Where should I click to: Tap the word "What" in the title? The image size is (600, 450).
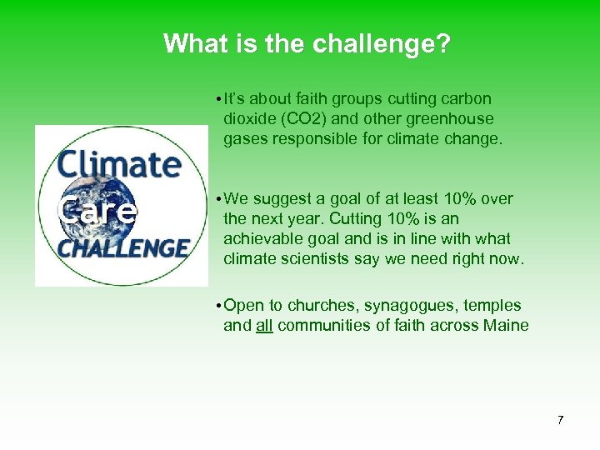pos(192,43)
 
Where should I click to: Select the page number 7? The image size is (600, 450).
pos(560,420)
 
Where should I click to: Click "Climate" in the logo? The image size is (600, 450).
pos(120,162)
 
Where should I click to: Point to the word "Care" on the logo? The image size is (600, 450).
pos(96,211)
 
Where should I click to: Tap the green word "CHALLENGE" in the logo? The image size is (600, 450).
pos(123,248)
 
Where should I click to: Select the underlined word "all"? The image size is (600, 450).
pos(264,326)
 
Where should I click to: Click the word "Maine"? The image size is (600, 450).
pos(506,326)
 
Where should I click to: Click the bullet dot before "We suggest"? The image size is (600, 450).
pos(215,199)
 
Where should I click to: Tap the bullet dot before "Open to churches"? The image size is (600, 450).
pos(215,306)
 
